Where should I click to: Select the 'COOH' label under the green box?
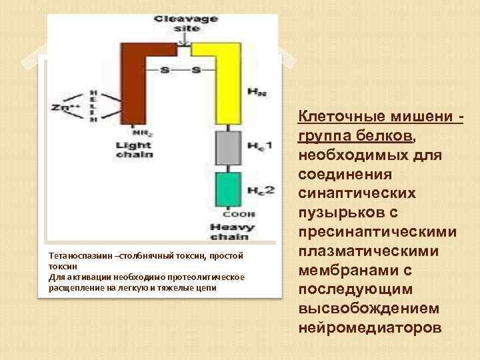tap(229, 215)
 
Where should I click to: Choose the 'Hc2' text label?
tap(260, 190)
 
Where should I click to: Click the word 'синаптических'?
tap(357, 193)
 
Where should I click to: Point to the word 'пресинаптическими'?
tap(377, 233)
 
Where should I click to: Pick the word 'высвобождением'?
tap(364, 309)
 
